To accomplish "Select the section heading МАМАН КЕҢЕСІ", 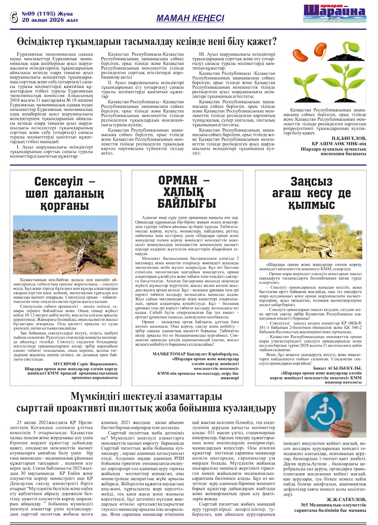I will tap(190, 18).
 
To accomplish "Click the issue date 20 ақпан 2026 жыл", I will tap(50, 20).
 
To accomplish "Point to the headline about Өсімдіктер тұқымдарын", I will tap(147, 42).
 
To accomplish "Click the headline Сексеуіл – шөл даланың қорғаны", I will tap(65, 193).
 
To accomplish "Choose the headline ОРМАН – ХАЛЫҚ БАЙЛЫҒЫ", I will tap(187, 192).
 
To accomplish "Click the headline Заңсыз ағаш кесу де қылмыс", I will tap(311, 193).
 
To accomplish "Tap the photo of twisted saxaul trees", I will tap(310, 237).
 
